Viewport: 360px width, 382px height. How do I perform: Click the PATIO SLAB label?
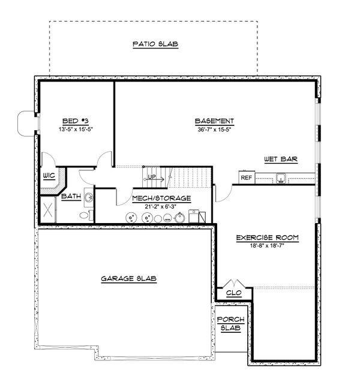tap(155, 44)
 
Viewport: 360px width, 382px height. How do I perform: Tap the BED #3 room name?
tap(76, 120)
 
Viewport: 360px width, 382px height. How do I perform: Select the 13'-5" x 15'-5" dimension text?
tap(76, 129)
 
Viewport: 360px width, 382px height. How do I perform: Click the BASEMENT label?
tap(214, 120)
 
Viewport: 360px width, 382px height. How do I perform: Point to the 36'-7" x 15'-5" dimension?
tap(214, 129)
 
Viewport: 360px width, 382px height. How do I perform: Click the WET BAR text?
tap(281, 159)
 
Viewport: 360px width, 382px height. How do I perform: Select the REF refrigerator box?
tap(246, 178)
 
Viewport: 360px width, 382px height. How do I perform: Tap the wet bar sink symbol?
tap(280, 177)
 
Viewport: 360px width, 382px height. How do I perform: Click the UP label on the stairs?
tap(152, 177)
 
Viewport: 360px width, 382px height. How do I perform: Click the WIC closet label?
tap(49, 176)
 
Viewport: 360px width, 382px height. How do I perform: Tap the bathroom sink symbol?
tap(88, 197)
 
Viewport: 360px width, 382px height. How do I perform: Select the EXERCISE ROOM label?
tap(267, 237)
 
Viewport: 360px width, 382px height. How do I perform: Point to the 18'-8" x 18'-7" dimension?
tap(267, 246)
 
